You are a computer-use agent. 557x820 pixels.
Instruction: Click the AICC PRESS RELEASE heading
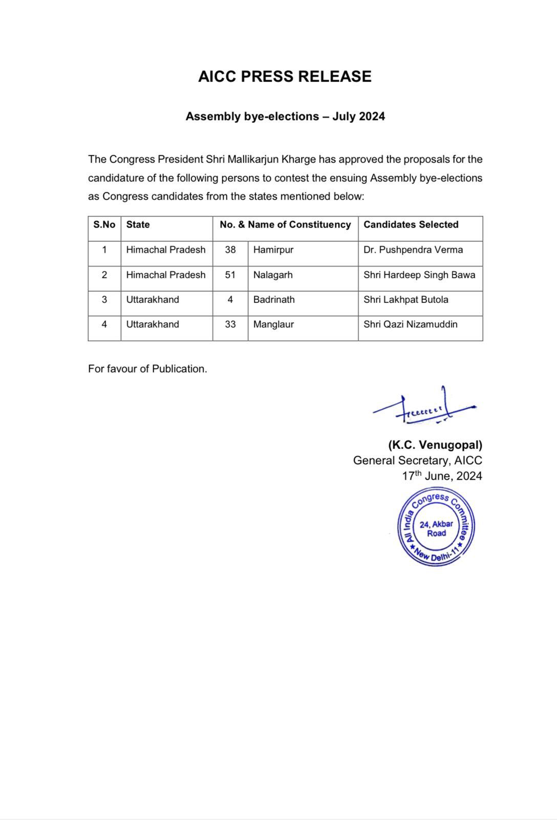[285, 76]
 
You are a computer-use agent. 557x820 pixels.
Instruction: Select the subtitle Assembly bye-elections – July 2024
[285, 116]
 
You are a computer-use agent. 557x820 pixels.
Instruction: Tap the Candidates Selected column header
[411, 224]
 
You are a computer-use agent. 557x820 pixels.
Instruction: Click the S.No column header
[104, 224]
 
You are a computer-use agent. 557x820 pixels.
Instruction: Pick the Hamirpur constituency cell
[273, 250]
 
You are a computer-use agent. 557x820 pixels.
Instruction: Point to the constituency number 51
[230, 275]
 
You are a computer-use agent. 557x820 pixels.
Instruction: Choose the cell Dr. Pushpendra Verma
[413, 250]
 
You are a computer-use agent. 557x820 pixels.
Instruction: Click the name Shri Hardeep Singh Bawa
[419, 275]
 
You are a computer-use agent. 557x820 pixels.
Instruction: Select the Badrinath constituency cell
[274, 299]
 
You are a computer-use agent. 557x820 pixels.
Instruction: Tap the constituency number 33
[230, 324]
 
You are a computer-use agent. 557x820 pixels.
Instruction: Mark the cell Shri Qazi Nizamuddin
[411, 324]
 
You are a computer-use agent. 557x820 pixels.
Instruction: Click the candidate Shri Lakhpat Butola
[406, 299]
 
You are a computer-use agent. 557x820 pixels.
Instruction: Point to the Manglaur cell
[273, 324]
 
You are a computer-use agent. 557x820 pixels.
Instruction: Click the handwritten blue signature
[425, 408]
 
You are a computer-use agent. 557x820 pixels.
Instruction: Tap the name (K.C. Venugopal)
[435, 445]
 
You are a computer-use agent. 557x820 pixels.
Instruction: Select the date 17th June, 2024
[442, 476]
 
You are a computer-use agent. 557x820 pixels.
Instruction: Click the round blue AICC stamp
[436, 527]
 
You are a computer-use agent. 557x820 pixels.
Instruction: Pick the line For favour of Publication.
[147, 369]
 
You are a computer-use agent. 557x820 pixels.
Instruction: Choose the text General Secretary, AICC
[417, 461]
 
